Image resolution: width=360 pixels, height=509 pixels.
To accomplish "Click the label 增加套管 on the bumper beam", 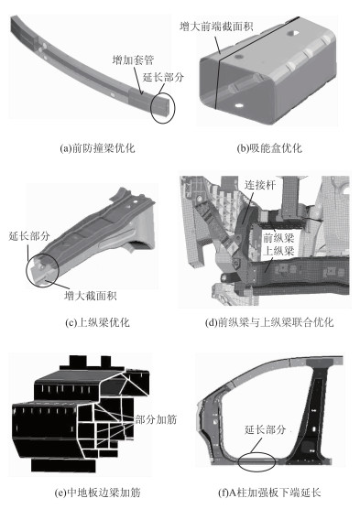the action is [133, 60].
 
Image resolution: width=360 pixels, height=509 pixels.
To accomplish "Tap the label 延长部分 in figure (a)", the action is [163, 77].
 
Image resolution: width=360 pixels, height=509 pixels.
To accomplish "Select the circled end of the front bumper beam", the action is [163, 108].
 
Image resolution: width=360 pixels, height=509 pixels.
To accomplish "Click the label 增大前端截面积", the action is [216, 26].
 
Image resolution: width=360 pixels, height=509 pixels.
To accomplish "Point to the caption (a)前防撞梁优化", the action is [97, 148].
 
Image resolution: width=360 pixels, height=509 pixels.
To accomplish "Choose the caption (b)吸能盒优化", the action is [269, 148].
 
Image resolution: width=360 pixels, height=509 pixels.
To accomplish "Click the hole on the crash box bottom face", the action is [239, 105].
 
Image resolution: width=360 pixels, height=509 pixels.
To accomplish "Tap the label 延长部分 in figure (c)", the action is [29, 235].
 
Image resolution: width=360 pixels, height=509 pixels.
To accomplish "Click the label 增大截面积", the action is [91, 296].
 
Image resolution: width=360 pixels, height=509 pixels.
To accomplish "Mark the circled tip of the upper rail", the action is [42, 271].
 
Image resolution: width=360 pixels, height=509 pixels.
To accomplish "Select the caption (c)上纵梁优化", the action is [97, 322].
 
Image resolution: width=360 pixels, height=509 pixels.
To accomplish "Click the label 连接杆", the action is [260, 185].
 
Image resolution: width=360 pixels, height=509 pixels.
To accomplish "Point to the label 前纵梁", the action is [278, 238].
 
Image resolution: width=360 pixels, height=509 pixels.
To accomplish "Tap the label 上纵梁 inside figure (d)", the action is [278, 251].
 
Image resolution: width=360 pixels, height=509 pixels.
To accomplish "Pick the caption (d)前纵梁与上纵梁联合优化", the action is [269, 322].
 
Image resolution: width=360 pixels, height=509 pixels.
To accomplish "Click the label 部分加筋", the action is [156, 419].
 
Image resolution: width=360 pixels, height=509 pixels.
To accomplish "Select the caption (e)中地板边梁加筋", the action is [97, 493].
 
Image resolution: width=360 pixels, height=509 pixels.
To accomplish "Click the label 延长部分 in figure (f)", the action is [265, 429].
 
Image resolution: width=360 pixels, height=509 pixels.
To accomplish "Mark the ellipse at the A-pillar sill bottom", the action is [256, 461].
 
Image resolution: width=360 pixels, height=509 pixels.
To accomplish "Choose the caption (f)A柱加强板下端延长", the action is [269, 493].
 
